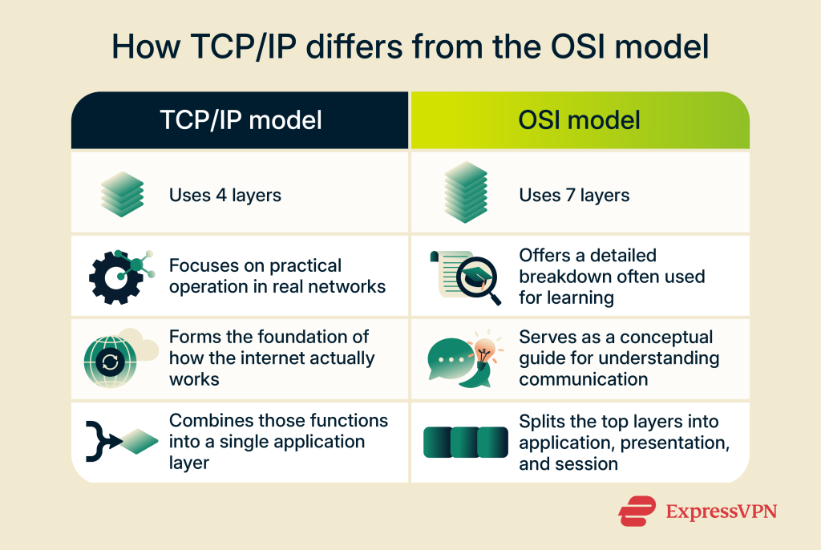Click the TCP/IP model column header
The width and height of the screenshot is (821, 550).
pyautogui.click(x=241, y=120)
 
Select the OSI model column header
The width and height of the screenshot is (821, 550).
pyautogui.click(x=580, y=120)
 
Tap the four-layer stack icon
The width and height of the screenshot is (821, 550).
pyautogui.click(x=122, y=194)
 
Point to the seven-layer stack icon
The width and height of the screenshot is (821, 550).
pyautogui.click(x=466, y=192)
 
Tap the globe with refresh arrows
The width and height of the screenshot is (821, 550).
pyautogui.click(x=111, y=362)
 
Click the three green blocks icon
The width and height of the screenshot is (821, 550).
pyautogui.click(x=466, y=442)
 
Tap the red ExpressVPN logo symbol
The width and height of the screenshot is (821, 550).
pyautogui.click(x=637, y=511)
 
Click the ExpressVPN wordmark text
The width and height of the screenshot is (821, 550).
pyautogui.click(x=722, y=511)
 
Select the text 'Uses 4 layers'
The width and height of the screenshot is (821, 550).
pyautogui.click(x=225, y=196)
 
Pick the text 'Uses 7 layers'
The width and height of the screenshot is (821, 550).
pyautogui.click(x=574, y=196)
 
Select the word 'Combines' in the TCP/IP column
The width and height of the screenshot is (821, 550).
pyautogui.click(x=211, y=421)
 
